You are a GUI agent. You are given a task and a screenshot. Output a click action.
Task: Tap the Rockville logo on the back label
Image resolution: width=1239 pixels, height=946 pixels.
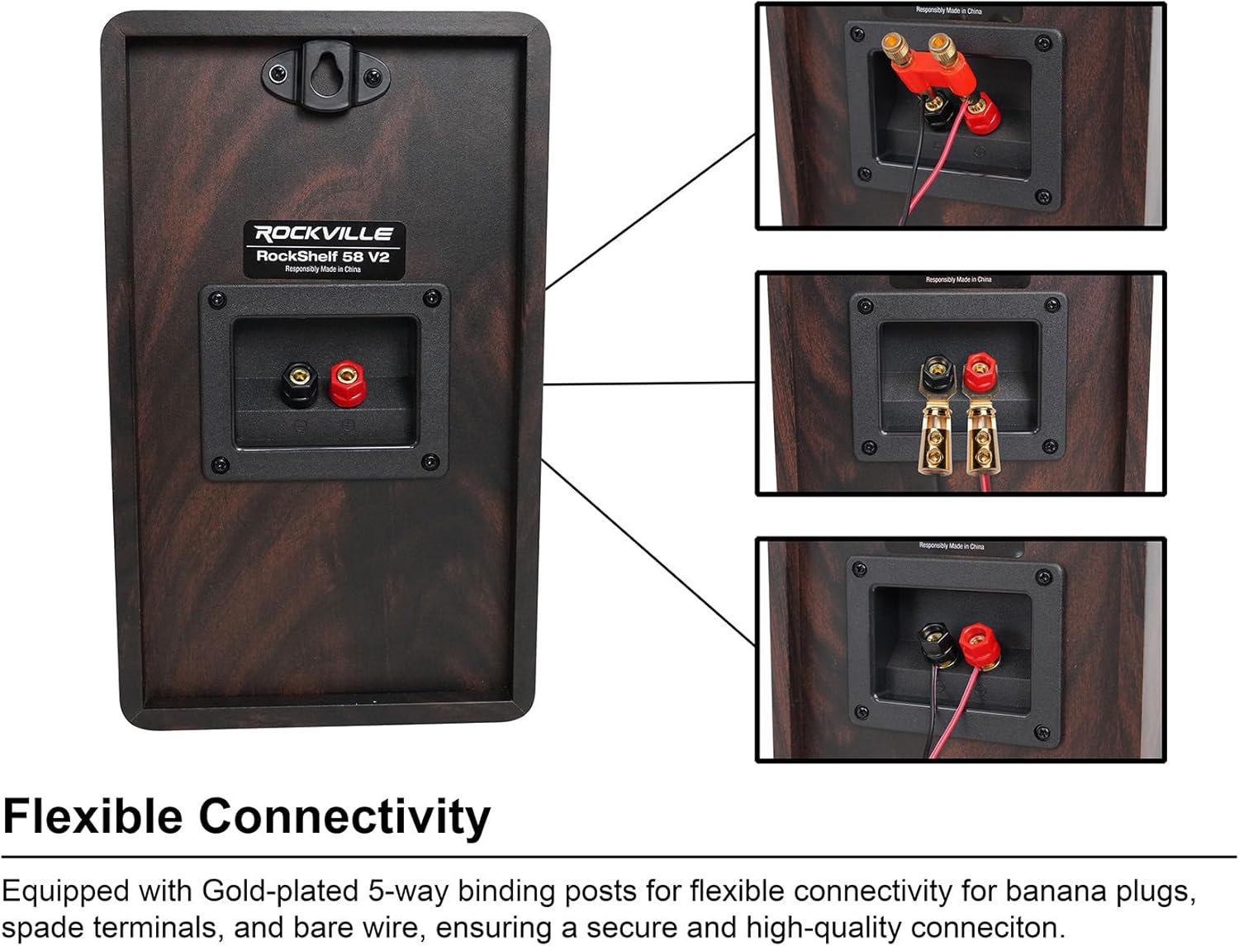click(324, 234)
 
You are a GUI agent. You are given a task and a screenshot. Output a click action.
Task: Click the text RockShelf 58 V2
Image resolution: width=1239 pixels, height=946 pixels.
click(322, 256)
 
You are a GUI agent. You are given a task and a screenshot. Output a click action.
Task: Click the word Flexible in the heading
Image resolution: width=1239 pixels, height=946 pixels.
click(93, 816)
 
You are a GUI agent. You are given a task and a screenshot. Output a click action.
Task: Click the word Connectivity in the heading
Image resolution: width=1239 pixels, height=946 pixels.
click(344, 816)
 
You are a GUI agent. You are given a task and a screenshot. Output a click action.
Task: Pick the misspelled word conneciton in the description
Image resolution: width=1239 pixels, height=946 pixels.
click(983, 927)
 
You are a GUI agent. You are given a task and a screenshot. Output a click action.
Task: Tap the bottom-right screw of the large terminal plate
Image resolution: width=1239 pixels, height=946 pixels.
click(430, 463)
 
